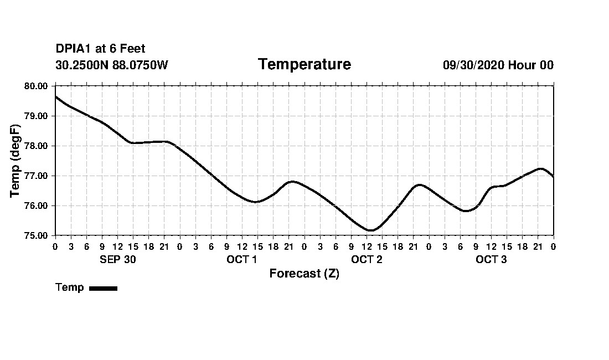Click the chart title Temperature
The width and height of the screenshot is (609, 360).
(304, 65)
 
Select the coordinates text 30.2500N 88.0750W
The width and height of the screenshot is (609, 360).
(111, 65)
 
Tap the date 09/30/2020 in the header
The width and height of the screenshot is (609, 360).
(473, 65)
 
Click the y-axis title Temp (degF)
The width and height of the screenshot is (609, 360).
(16, 161)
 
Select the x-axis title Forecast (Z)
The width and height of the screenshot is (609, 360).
(304, 274)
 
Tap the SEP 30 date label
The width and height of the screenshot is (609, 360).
(117, 260)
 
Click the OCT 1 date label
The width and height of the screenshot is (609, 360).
(241, 260)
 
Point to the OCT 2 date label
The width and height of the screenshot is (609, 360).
(367, 260)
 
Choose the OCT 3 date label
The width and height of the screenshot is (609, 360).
(491, 260)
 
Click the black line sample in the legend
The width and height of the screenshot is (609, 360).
(103, 288)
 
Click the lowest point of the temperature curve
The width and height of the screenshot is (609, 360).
(370, 230)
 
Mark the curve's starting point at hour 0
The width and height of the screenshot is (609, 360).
(55, 96)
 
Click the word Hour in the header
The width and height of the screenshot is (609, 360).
(522, 65)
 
